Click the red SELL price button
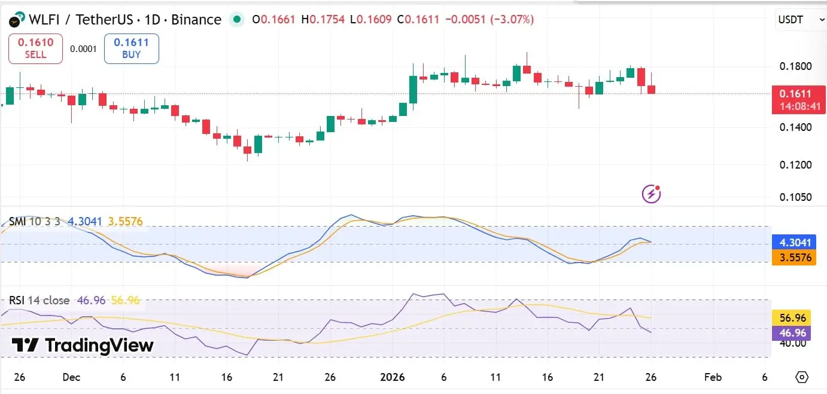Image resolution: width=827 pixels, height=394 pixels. pyautogui.click(x=35, y=48)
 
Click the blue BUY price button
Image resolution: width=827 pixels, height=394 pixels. pyautogui.click(x=131, y=48)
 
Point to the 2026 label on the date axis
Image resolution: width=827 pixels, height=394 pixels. pyautogui.click(x=393, y=377)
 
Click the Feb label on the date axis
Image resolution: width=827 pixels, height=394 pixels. pyautogui.click(x=713, y=377)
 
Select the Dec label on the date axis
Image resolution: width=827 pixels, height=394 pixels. pyautogui.click(x=71, y=377)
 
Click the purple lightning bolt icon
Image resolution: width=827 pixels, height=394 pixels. pyautogui.click(x=650, y=194)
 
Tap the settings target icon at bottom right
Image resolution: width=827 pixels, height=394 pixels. pyautogui.click(x=802, y=377)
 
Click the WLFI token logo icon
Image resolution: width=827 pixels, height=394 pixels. pyautogui.click(x=17, y=20)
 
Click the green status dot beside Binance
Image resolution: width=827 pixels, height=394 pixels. pyautogui.click(x=238, y=20)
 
